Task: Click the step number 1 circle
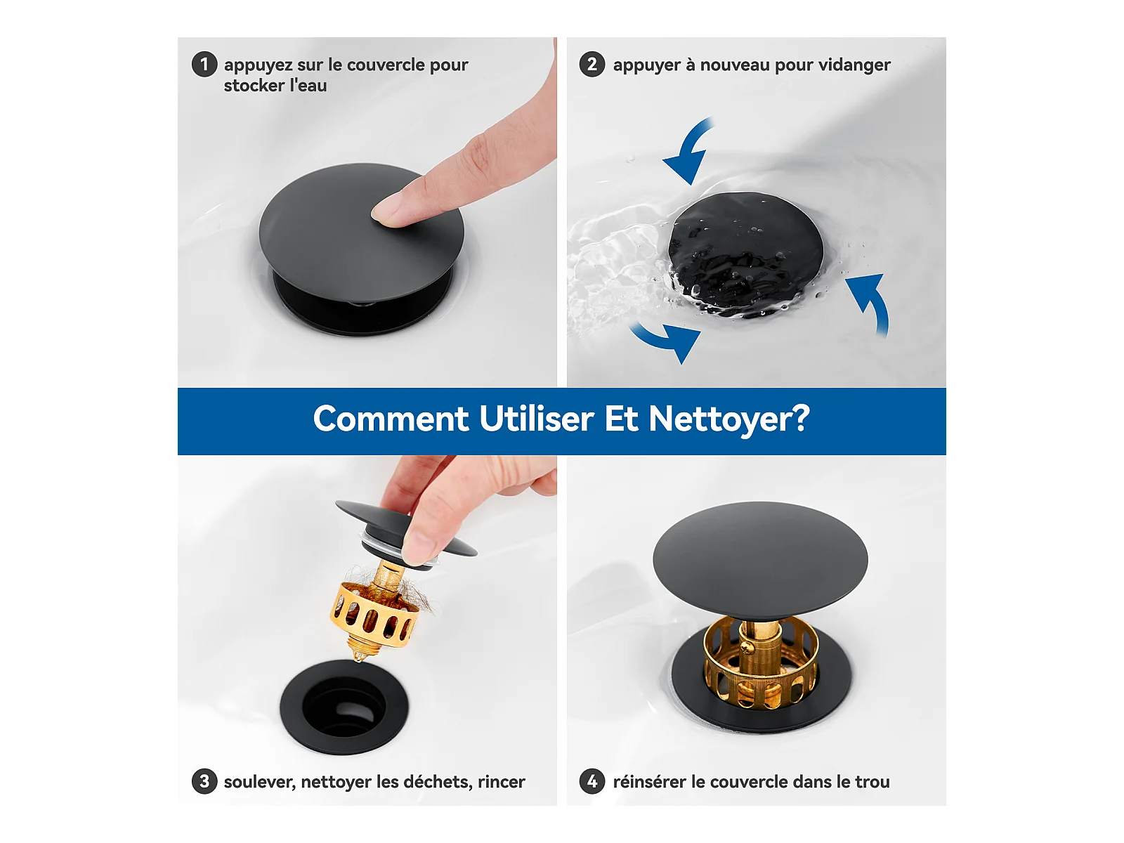pos(204,65)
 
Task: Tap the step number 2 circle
pos(592,65)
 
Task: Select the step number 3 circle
pos(204,782)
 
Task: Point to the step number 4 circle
pos(592,782)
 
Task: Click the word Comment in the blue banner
pos(391,419)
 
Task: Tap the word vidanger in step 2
pos(854,65)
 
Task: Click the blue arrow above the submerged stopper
pos(687,151)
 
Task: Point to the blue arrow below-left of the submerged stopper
pos(668,341)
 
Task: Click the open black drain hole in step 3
pos(344,707)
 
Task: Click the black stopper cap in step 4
pos(760,557)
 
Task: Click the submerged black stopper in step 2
pos(746,251)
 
